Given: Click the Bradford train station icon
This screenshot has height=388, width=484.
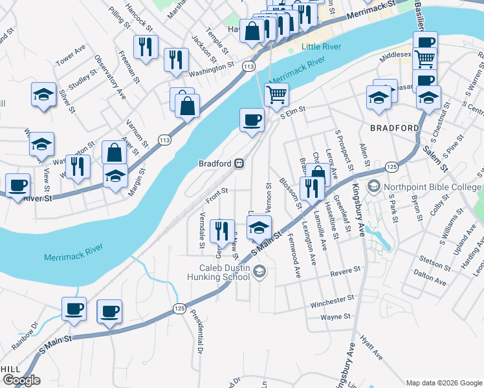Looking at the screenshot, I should [239, 164].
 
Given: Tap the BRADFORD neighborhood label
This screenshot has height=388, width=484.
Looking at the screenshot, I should [395, 128].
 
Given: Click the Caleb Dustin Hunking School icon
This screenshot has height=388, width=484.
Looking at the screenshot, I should [259, 271].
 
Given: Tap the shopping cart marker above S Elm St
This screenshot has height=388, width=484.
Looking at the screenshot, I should [276, 94].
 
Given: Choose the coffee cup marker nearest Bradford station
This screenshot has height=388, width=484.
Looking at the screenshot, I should [252, 120].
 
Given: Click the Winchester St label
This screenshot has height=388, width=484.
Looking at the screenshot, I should [332, 299].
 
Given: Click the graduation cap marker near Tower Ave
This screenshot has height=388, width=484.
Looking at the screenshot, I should [43, 94].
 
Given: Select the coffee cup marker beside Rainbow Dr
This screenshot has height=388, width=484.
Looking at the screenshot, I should [74, 309].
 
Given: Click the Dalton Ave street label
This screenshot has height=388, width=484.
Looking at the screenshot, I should [430, 283].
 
